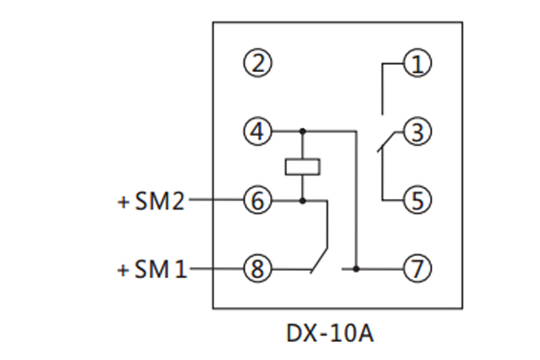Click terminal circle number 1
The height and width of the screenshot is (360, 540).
point(417,64)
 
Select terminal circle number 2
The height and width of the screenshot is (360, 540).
point(257,64)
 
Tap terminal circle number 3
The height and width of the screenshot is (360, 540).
point(417,132)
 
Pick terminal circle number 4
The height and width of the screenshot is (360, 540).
point(257,132)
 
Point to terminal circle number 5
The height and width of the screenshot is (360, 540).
point(417,200)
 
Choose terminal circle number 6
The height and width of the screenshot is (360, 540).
point(257,201)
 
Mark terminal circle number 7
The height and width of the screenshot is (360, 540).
point(417,268)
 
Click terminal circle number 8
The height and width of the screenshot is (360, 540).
point(257,268)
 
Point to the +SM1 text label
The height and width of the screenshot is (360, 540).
point(151,269)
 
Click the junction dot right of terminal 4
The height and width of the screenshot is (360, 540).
point(302,132)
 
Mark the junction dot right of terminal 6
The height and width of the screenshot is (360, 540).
point(302,201)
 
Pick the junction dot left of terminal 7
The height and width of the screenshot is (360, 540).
point(356,268)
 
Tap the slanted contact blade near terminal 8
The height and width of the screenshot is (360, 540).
point(318,258)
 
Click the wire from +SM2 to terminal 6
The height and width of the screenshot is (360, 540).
point(214,201)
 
